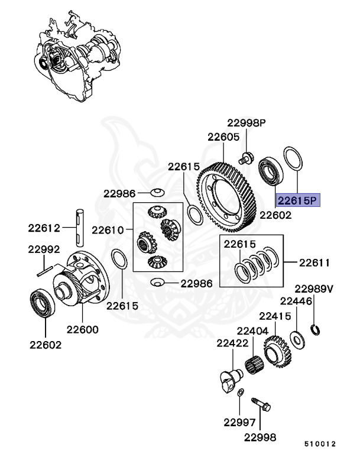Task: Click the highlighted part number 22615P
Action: click(x=298, y=200)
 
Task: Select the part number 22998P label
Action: click(x=247, y=123)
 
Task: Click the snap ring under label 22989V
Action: click(x=316, y=328)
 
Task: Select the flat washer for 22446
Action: click(x=296, y=339)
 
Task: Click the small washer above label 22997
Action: click(x=239, y=393)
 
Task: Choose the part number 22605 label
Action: click(x=223, y=137)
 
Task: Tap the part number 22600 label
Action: click(x=82, y=329)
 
